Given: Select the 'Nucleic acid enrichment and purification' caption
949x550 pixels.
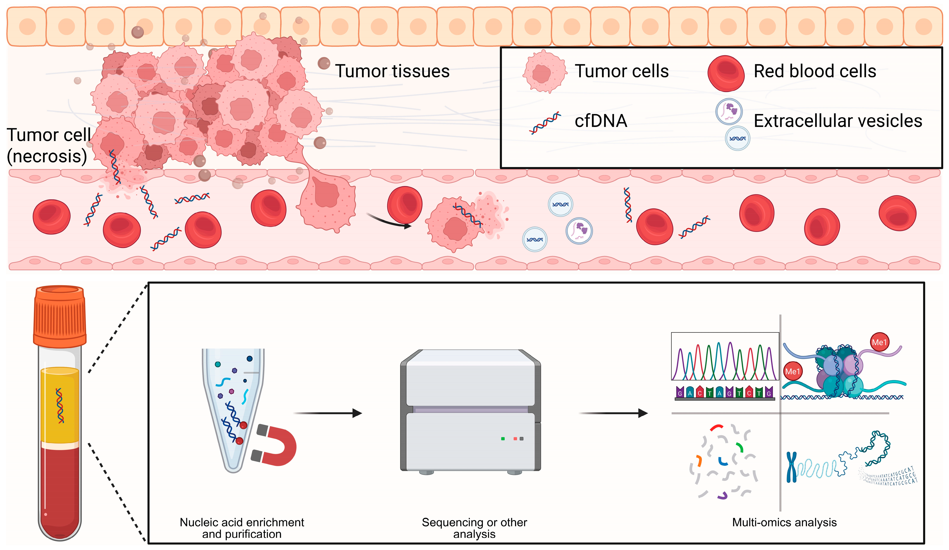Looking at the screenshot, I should click(242, 528).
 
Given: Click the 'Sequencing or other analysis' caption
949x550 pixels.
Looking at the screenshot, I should click(474, 528).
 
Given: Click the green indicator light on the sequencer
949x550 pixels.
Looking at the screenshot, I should click(503, 439).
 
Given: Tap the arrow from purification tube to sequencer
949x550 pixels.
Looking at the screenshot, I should click(328, 413).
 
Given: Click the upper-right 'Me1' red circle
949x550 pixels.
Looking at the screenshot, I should click(879, 342).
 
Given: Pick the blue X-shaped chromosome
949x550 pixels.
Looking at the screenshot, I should click(791, 467).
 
